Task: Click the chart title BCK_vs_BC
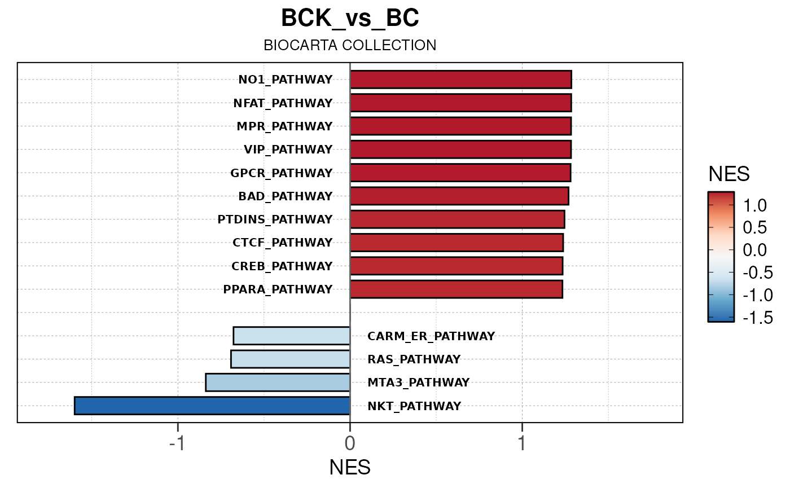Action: pyautogui.click(x=350, y=19)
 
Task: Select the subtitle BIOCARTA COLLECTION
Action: pyautogui.click(x=350, y=46)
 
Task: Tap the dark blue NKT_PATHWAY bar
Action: pyautogui.click(x=212, y=406)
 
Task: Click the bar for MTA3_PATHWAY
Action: pyautogui.click(x=278, y=382)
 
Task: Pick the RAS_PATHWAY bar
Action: pyautogui.click(x=291, y=359)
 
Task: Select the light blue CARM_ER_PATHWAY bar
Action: pyautogui.click(x=292, y=336)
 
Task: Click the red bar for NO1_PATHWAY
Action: pyautogui.click(x=460, y=80)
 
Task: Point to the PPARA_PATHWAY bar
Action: pyautogui.click(x=456, y=289)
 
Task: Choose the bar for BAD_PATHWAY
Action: pyautogui.click(x=459, y=196)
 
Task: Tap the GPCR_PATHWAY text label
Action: pyautogui.click(x=282, y=173)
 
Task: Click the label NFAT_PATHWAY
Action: pyautogui.click(x=283, y=103)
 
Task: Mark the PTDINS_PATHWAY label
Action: pyautogui.click(x=275, y=219)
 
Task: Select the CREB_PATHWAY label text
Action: pyautogui.click(x=282, y=266)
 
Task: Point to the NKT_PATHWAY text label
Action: pyautogui.click(x=414, y=406)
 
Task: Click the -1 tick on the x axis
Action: pyautogui.click(x=177, y=443)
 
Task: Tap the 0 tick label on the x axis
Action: pyautogui.click(x=350, y=443)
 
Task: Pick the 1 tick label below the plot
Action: pyautogui.click(x=522, y=443)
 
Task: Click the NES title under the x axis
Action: pyautogui.click(x=350, y=468)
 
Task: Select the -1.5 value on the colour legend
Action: pyautogui.click(x=758, y=318)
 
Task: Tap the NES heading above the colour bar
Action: pyautogui.click(x=729, y=175)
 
